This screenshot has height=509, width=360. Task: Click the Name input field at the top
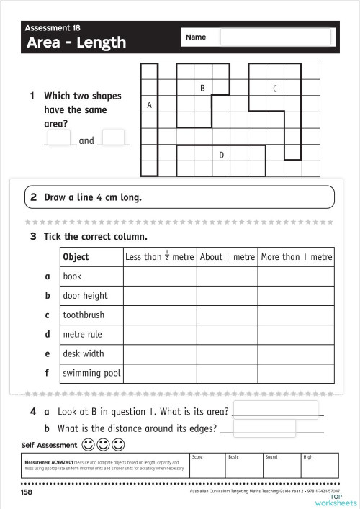276,37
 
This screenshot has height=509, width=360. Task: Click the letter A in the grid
149,105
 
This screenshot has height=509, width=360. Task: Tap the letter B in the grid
203,88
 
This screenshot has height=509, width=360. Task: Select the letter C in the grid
275,89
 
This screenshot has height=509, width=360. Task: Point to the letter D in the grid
221,155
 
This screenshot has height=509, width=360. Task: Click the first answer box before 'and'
60,138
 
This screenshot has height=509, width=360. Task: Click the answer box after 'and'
114,138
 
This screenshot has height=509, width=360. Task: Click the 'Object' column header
76,257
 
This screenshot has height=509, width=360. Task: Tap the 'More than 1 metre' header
296,257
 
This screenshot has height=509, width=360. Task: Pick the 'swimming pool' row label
91,374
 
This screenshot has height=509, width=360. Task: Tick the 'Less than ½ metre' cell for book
159,276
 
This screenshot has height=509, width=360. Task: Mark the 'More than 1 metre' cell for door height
296,296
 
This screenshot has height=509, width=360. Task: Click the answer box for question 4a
275,410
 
